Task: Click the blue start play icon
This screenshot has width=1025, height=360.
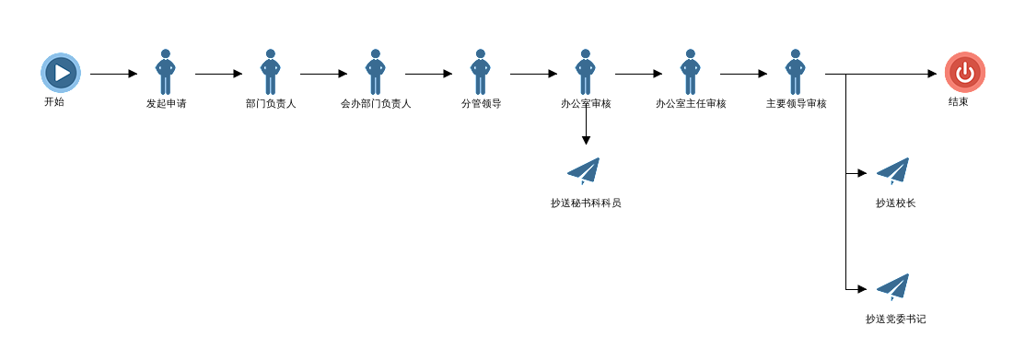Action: [x=61, y=73]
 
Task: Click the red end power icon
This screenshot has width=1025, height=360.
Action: [x=965, y=73]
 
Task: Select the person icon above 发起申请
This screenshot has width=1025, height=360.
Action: [x=166, y=72]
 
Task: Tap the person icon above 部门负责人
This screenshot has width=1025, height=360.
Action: [x=271, y=72]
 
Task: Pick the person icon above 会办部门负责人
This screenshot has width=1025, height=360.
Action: [x=375, y=72]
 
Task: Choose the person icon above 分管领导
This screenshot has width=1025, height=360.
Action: [x=481, y=72]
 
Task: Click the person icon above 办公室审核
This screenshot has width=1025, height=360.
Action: [x=586, y=72]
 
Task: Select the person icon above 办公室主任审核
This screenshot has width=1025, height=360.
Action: [x=691, y=72]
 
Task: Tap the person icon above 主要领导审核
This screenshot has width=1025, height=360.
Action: [x=796, y=72]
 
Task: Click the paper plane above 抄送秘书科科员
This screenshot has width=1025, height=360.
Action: [x=584, y=171]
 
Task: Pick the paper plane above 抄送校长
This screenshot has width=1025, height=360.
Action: [x=893, y=171]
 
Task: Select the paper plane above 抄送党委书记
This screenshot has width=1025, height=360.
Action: [x=893, y=287]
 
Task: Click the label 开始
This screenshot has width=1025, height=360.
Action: [x=54, y=102]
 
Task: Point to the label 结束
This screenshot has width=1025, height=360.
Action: [x=959, y=102]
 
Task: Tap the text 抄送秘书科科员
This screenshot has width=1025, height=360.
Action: [x=586, y=203]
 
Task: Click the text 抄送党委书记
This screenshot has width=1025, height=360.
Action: [x=895, y=319]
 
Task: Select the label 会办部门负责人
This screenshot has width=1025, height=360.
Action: [x=376, y=103]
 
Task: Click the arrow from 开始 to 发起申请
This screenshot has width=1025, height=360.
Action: [x=114, y=74]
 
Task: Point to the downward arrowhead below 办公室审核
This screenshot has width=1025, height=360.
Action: [x=586, y=140]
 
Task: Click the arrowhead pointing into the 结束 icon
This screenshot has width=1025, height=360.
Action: [x=933, y=74]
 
